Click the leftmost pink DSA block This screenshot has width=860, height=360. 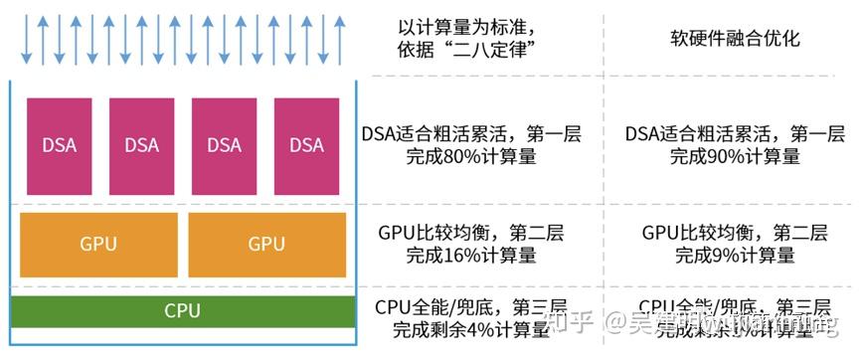tap(60, 144)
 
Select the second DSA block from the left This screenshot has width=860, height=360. tap(142, 144)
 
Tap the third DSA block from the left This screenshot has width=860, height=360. tap(225, 144)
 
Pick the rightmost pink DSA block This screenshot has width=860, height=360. tap(306, 144)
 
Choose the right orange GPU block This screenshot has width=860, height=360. tap(266, 244)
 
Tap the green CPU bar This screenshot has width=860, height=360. tap(182, 311)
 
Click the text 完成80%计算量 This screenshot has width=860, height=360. tap(471, 157)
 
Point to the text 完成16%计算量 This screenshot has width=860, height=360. tap(471, 256)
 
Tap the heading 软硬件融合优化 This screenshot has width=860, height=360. tap(736, 40)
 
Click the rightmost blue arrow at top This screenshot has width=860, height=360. tap(341, 37)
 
